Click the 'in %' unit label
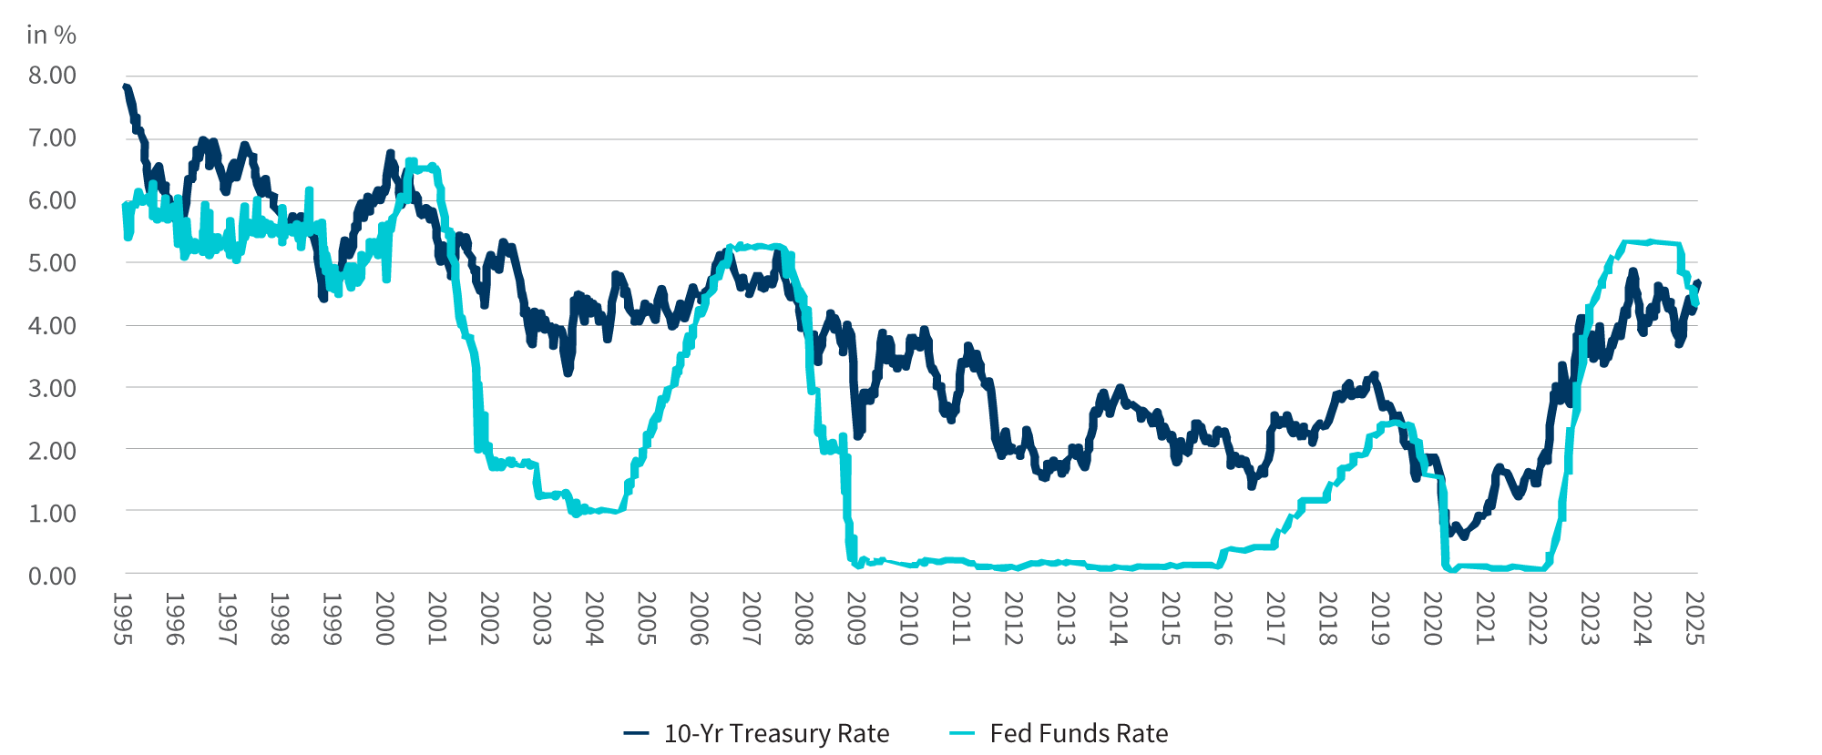tap(51, 35)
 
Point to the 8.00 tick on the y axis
tap(52, 76)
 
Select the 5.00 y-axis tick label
tap(52, 263)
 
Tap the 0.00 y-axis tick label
tap(52, 576)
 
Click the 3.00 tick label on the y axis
tap(52, 388)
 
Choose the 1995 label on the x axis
tap(123, 619)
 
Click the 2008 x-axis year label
tap(804, 619)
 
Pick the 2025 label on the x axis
tap(1694, 619)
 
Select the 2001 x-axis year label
tap(437, 619)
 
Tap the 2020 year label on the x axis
tap(1432, 619)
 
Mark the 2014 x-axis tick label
tap(1118, 619)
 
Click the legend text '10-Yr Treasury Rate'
tap(776, 733)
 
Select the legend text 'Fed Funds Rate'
tap(1079, 733)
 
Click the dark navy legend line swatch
tap(636, 733)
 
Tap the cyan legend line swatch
tap(962, 733)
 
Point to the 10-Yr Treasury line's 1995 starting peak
tap(126, 87)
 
